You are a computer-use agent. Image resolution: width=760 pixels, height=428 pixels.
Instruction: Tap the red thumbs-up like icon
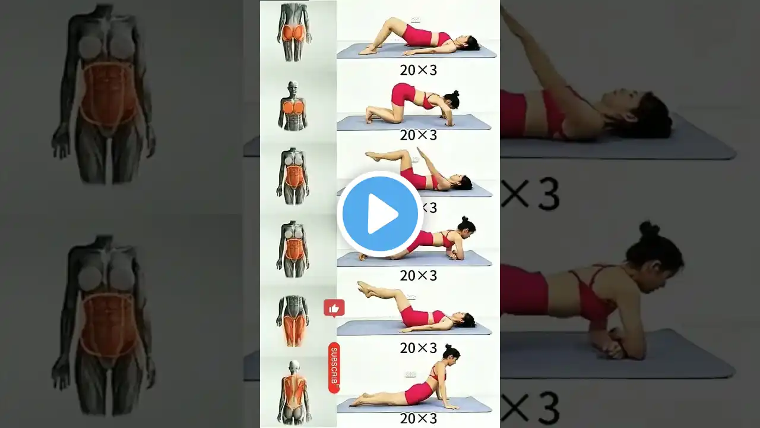tap(334, 308)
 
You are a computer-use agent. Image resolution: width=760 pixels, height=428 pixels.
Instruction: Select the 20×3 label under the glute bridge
tap(418, 70)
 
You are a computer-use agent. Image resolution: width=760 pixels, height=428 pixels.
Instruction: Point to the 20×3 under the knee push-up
tap(418, 135)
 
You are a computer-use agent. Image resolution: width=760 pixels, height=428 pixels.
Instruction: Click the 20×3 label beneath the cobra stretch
tap(418, 418)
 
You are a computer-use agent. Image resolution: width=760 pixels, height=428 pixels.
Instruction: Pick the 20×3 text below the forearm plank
tap(418, 275)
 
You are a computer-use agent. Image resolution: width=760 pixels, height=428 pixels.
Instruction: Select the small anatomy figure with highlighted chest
tap(293, 106)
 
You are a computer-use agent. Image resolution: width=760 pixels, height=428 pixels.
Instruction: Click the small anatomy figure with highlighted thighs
tap(293, 320)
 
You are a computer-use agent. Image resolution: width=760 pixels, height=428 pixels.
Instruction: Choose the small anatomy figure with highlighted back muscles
tap(293, 392)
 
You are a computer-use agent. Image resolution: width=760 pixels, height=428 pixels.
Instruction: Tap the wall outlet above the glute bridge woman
tap(415, 20)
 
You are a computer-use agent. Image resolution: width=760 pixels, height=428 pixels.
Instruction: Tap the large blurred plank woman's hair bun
tap(649, 229)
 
